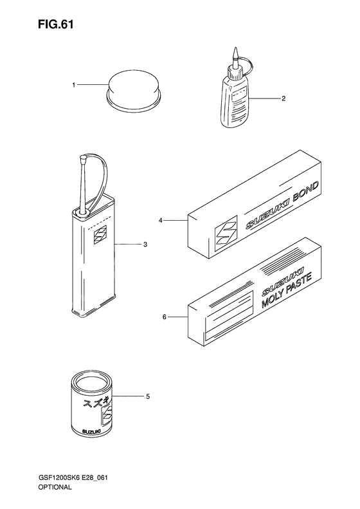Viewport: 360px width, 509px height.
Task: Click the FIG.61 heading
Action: (x=55, y=24)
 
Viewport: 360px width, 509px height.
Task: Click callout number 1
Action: (x=74, y=85)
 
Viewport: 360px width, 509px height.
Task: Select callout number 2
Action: (x=283, y=98)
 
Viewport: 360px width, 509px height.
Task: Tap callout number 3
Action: (x=145, y=245)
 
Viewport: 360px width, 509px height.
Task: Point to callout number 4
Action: (x=160, y=221)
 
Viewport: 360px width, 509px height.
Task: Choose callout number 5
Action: (x=148, y=396)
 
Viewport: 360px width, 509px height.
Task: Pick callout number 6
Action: (x=164, y=317)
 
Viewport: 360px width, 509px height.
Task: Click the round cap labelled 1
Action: (x=134, y=91)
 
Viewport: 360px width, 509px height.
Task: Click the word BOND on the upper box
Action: (x=306, y=192)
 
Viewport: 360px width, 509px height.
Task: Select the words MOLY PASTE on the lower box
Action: (x=286, y=290)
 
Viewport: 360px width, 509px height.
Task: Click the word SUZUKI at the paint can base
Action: (x=91, y=431)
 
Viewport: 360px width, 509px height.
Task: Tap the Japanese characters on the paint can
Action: (x=96, y=402)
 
